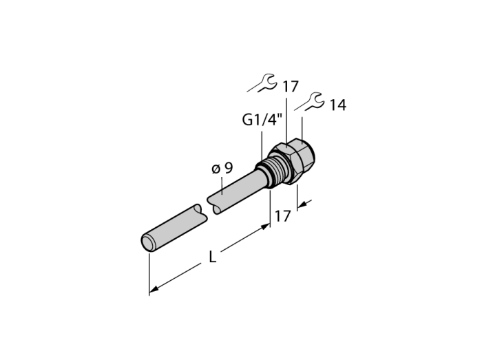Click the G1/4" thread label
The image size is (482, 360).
coord(262,120)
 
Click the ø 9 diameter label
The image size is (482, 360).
coord(222,168)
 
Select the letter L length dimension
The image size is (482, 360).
coord(212,257)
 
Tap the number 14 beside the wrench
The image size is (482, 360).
coord(338,105)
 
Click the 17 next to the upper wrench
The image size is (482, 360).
coord(291,87)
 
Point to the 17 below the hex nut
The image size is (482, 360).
coord(282,216)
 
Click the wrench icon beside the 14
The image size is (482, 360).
coord(309,101)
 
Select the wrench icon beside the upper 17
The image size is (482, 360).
coord(262,83)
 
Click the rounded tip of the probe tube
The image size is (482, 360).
coord(148,242)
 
